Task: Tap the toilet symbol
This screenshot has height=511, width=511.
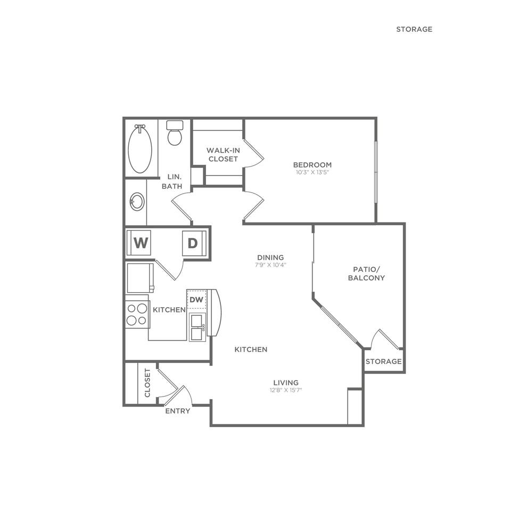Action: (175, 134)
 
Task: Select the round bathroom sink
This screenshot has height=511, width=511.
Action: (137, 202)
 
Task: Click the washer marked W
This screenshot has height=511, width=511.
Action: (140, 243)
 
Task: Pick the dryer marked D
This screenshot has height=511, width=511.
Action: (192, 243)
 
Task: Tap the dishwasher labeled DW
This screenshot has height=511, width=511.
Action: (196, 300)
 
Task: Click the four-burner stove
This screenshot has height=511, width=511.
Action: (136, 314)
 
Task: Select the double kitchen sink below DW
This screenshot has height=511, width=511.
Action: (197, 327)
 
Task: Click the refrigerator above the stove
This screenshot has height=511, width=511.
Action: (140, 277)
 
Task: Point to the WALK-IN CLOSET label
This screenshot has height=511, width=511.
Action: (223, 154)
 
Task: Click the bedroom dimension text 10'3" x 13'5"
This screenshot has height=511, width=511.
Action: (312, 172)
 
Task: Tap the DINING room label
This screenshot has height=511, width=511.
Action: (270, 257)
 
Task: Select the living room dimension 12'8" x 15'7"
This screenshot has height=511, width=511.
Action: (286, 390)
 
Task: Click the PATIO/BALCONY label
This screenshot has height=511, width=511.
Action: (366, 274)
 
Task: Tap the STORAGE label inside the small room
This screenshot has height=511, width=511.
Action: (383, 361)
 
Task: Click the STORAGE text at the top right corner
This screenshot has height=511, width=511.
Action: (414, 29)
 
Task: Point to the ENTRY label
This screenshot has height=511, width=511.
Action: (177, 411)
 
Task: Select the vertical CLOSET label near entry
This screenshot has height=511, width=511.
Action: (148, 383)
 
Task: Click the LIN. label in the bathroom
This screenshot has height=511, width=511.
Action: (175, 176)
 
